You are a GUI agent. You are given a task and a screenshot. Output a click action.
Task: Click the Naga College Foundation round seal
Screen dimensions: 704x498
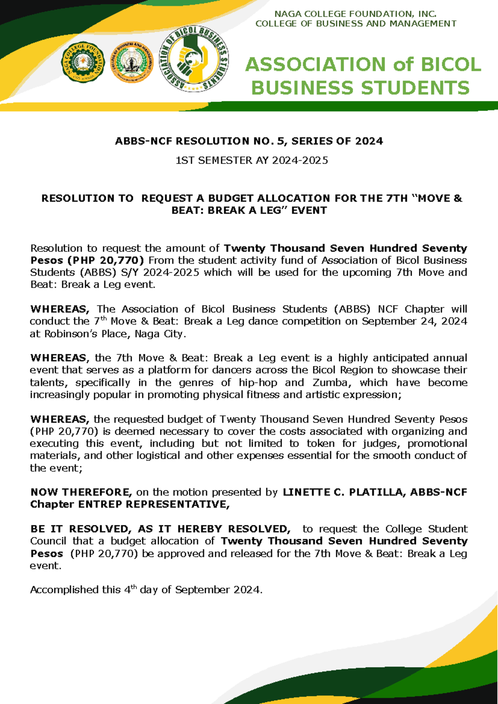pyautogui.click(x=83, y=62)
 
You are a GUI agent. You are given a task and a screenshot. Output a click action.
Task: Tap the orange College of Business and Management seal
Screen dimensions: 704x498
pyautogui.click(x=132, y=62)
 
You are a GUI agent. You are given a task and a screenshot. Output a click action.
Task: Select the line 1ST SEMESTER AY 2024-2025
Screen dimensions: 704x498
pyautogui.click(x=252, y=160)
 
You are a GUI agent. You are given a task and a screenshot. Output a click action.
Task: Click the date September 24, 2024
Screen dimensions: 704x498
pyautogui.click(x=414, y=321)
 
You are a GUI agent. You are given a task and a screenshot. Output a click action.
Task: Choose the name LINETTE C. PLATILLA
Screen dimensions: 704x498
pyautogui.click(x=344, y=492)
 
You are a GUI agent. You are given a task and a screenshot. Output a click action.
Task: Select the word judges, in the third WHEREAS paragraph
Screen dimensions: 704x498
pyautogui.click(x=381, y=444)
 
